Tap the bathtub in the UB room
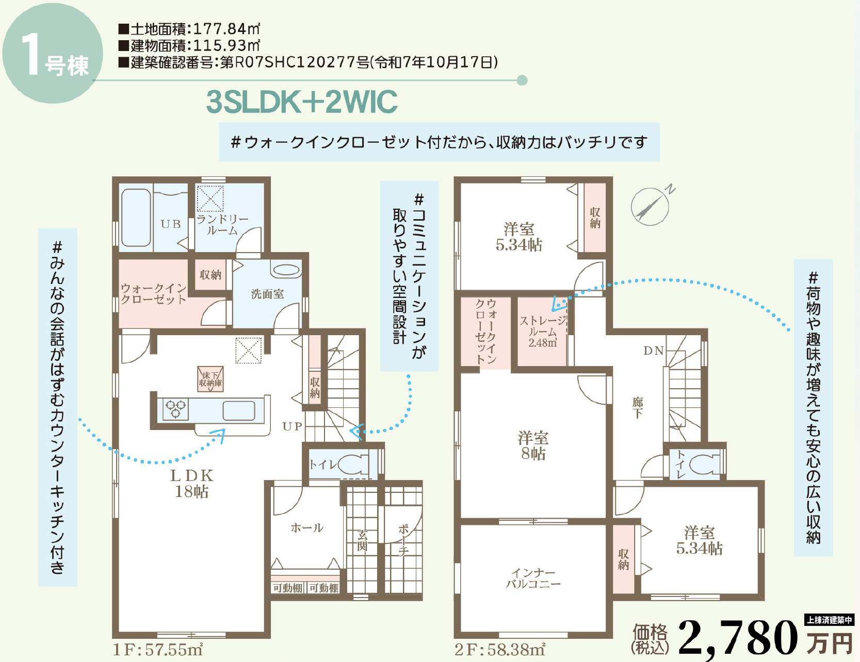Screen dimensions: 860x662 pos(136,218)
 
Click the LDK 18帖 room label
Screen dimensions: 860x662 pos(192,483)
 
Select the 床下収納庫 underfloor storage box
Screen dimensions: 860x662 pos(210,379)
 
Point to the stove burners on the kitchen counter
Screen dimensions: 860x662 pos(175,409)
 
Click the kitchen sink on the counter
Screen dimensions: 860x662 pos(239,411)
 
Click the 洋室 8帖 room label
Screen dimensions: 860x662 pos(533,445)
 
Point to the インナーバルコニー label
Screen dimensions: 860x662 pos(533,578)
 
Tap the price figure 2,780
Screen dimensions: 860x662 pos(739,638)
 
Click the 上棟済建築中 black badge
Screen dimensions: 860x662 pos(829,620)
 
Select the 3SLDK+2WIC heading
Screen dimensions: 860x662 pos(302,102)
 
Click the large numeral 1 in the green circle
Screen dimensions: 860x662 pos(31,55)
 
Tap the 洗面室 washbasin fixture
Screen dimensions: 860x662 pos(286,270)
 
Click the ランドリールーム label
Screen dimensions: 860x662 pos(222,225)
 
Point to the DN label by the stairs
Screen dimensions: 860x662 pos(654,351)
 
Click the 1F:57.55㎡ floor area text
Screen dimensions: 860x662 pos(158,650)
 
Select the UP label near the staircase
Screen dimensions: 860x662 pos(293,426)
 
